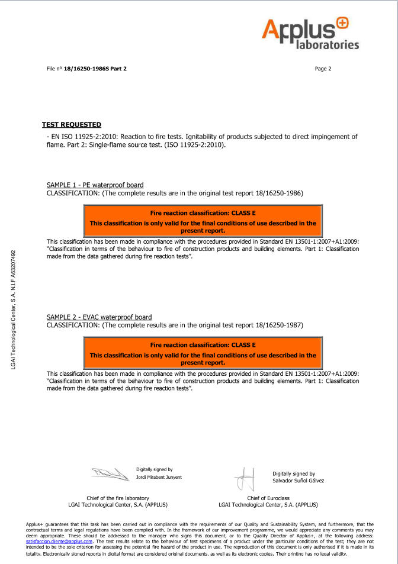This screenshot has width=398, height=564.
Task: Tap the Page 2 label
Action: pos(323,69)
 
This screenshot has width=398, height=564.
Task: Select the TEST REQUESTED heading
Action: pos(72,124)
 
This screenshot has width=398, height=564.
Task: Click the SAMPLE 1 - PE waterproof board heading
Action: pos(95,185)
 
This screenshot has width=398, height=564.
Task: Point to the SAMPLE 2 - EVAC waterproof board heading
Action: pos(99,317)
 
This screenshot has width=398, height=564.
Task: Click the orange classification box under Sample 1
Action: pos(203,221)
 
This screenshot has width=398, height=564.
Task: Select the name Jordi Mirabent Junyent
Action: pos(159,477)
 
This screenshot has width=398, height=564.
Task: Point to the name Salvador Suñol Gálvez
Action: pos(298,481)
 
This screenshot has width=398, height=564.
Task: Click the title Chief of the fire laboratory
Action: pos(118,498)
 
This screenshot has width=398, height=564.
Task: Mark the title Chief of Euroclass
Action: pos(268,498)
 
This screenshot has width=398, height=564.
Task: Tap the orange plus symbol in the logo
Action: pos(343,24)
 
